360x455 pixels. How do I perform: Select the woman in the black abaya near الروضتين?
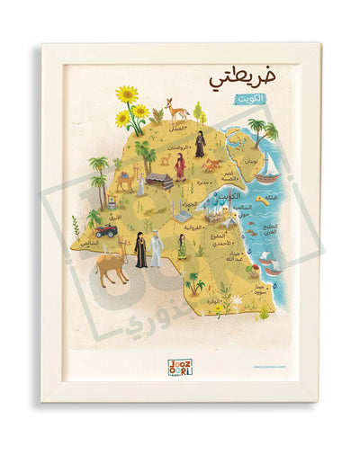pyautogui.click(x=200, y=144)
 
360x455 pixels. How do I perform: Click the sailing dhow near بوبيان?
pyautogui.click(x=267, y=171)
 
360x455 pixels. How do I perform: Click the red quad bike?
pyautogui.click(x=106, y=230)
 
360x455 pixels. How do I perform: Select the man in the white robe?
pyautogui.click(x=157, y=248)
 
